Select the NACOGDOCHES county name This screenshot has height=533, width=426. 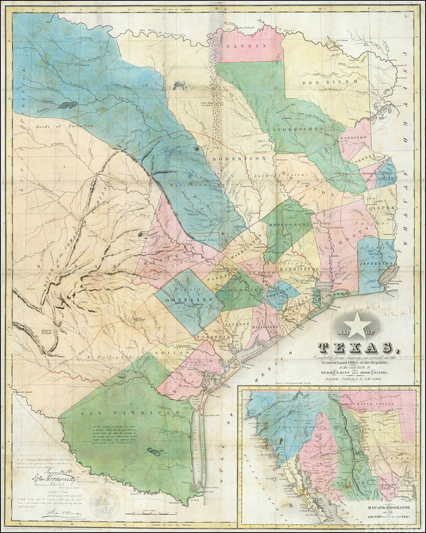tap(300, 129)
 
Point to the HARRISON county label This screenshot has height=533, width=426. tap(354, 137)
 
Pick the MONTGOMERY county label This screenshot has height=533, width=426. tap(289, 226)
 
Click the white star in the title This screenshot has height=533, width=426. tap(360, 325)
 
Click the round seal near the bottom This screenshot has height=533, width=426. tap(104, 503)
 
